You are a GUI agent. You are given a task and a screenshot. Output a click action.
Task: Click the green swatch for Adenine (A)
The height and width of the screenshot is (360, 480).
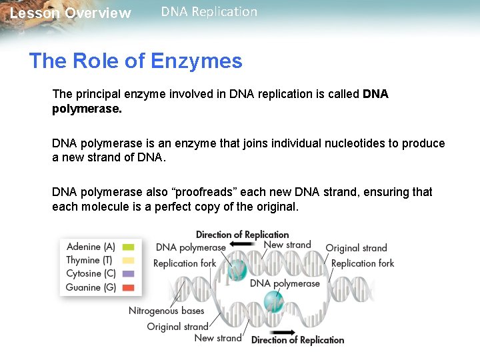tap(128, 247)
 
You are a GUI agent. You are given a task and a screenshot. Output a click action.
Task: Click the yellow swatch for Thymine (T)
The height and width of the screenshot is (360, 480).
tap(128, 260)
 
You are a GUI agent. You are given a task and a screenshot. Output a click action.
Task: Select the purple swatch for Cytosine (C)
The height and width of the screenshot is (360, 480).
tap(128, 273)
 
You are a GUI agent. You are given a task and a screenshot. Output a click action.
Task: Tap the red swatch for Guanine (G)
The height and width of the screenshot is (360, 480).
tap(128, 287)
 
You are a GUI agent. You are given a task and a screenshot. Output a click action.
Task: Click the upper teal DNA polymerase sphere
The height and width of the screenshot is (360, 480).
tap(237, 269)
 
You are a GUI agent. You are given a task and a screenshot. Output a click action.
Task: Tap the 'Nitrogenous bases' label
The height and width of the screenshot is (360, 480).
tap(167, 311)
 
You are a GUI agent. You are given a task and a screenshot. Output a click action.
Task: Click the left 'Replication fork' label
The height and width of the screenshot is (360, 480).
tap(185, 263)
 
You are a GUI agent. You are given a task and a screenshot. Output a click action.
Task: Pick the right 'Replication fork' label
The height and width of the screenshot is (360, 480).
tap(363, 263)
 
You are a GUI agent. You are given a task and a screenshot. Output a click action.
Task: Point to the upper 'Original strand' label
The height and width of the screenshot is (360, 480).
tap(356, 248)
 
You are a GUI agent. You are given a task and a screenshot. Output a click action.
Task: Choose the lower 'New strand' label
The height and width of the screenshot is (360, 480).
tap(218, 338)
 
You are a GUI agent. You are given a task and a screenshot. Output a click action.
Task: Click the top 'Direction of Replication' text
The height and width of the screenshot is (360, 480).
tap(242, 235)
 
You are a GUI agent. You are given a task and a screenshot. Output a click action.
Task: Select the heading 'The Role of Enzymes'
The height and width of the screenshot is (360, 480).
tap(135, 61)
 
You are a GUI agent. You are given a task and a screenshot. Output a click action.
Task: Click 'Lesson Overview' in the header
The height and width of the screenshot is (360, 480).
tap(71, 13)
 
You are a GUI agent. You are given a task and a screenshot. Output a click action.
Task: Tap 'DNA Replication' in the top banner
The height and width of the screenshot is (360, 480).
tap(209, 12)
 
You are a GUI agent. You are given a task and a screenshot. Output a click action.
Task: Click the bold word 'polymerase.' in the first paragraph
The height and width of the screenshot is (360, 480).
tap(87, 108)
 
